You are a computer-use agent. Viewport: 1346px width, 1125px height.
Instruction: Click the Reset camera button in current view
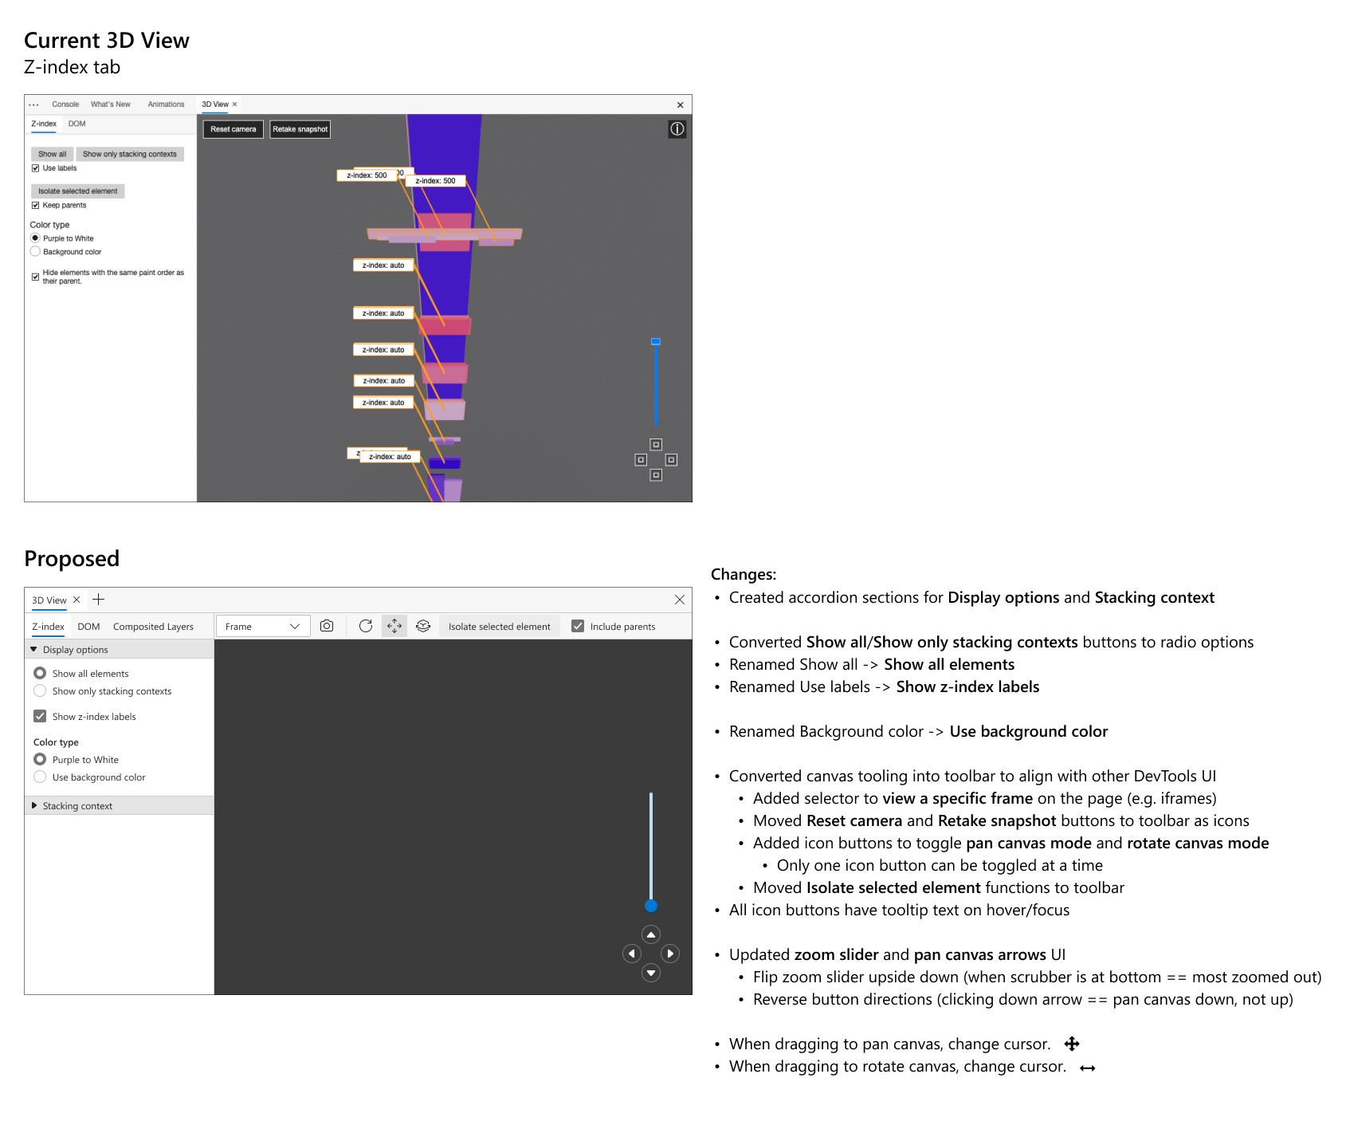point(233,129)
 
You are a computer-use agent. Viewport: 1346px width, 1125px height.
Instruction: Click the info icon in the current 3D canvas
point(677,129)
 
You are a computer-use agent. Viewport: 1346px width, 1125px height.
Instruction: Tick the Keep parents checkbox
point(35,206)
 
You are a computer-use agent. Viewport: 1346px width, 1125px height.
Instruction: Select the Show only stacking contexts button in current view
point(130,154)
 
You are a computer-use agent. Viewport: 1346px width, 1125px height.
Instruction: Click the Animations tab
point(166,104)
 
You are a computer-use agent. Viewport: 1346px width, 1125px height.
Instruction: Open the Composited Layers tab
point(153,627)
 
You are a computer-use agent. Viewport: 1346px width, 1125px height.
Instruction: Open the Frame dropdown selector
point(263,627)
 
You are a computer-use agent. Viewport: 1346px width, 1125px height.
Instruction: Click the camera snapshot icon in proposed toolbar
point(327,626)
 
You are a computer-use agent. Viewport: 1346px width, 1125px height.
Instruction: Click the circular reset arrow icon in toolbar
point(366,626)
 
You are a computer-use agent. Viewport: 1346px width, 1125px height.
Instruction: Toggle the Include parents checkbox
point(578,627)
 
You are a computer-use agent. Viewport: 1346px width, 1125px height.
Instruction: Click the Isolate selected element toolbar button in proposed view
point(499,627)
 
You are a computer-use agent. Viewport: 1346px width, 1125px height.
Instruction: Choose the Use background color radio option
point(40,777)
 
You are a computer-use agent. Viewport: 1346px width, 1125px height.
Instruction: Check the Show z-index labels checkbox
point(40,716)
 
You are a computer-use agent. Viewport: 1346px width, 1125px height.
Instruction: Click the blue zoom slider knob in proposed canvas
point(651,906)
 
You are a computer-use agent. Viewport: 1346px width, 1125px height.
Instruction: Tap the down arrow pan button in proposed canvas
point(651,973)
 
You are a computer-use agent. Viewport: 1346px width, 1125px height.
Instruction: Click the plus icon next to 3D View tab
point(99,600)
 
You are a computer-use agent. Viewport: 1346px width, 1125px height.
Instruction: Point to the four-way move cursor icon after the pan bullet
point(1072,1044)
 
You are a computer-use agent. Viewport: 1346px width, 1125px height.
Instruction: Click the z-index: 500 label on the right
point(435,181)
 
